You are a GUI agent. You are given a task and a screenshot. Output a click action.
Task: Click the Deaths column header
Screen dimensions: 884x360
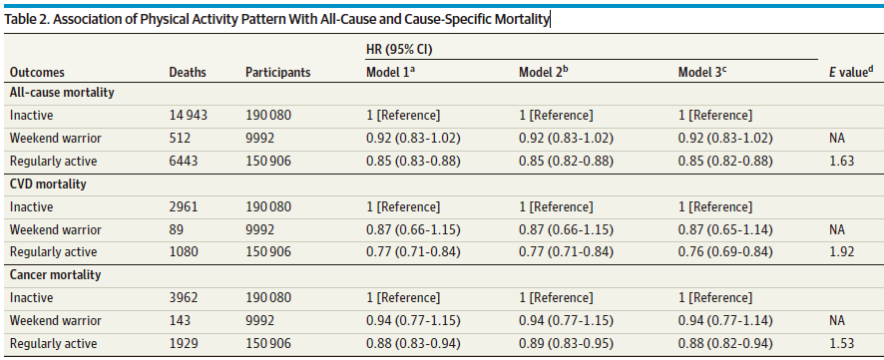pos(188,73)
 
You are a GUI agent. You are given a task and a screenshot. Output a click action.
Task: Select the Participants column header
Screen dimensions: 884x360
pos(278,73)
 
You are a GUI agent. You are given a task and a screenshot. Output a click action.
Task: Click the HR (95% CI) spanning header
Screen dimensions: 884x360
pos(398,50)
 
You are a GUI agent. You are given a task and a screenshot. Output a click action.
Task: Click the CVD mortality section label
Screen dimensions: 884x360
pos(47,183)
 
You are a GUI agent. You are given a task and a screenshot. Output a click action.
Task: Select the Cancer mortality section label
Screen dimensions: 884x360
pos(55,275)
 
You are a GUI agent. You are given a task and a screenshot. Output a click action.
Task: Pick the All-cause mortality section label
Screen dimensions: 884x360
pos(62,93)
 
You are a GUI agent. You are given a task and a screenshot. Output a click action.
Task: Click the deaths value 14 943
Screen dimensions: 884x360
pos(189,116)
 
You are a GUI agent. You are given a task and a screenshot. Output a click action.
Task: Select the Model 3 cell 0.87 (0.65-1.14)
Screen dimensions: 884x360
pos(725,229)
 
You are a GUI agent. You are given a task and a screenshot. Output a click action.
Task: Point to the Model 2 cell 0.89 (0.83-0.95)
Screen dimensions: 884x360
pos(566,343)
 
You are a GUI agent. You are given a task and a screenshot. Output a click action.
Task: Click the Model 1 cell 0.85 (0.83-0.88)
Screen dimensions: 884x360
pos(413,162)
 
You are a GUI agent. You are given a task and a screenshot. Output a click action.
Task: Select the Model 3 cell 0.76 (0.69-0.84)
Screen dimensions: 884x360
pos(725,252)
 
